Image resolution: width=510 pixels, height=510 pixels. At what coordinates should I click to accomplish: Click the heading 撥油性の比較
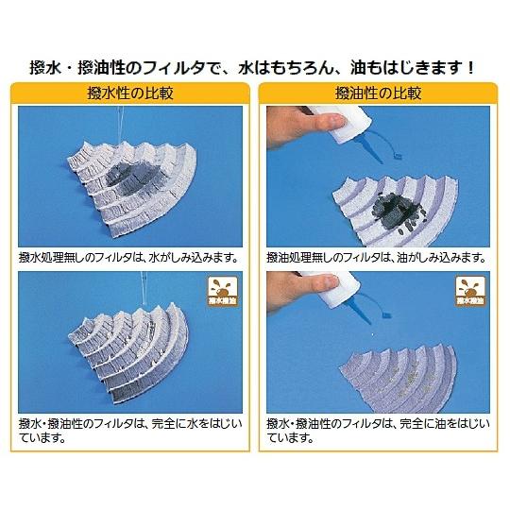pyautogui.click(x=380, y=94)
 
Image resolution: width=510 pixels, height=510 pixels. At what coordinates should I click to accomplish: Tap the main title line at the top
pyautogui.click(x=255, y=69)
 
